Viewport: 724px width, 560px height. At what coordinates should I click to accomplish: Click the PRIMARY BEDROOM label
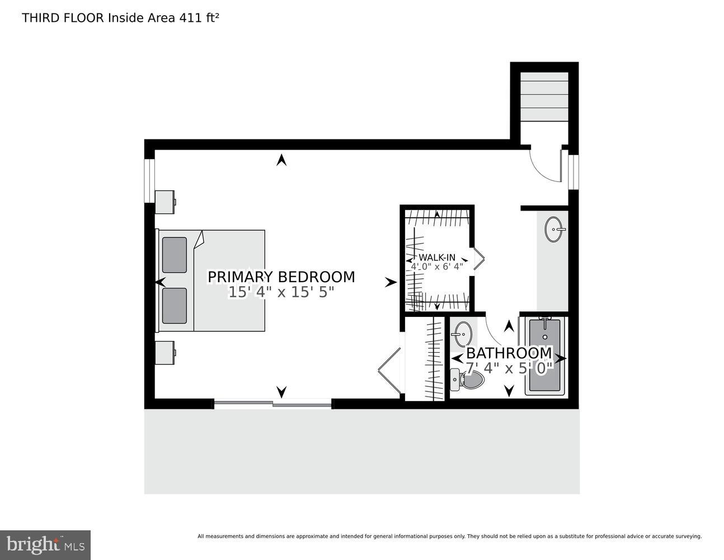pyautogui.click(x=281, y=277)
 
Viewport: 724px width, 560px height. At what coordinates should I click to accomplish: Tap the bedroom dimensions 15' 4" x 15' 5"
pyautogui.click(x=281, y=292)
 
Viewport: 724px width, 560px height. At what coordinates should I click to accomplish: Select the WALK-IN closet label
pyautogui.click(x=437, y=258)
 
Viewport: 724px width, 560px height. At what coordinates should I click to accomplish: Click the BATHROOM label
pyautogui.click(x=509, y=353)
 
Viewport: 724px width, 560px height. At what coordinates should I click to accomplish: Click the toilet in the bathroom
pyautogui.click(x=468, y=381)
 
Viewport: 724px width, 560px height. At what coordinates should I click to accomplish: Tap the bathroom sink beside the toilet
pyautogui.click(x=462, y=334)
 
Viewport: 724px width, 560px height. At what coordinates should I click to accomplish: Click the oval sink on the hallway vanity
pyautogui.click(x=555, y=229)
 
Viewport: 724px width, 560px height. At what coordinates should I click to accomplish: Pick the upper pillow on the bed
pyautogui.click(x=174, y=255)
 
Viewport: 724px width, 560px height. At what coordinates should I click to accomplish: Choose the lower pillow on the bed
pyautogui.click(x=174, y=306)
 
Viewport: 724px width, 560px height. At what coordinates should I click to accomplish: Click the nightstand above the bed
pyautogui.click(x=164, y=202)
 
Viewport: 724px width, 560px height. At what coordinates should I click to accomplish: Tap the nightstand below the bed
pyautogui.click(x=164, y=352)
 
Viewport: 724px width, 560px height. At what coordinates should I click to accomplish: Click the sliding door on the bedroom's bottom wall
pyautogui.click(x=273, y=403)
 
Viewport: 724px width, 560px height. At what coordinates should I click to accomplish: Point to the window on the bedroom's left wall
pyautogui.click(x=149, y=180)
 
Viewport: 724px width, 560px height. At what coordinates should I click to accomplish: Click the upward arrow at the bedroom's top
pyautogui.click(x=281, y=160)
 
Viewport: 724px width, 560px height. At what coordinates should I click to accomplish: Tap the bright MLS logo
pyautogui.click(x=45, y=544)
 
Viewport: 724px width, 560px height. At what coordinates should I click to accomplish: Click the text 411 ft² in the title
pyautogui.click(x=198, y=17)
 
